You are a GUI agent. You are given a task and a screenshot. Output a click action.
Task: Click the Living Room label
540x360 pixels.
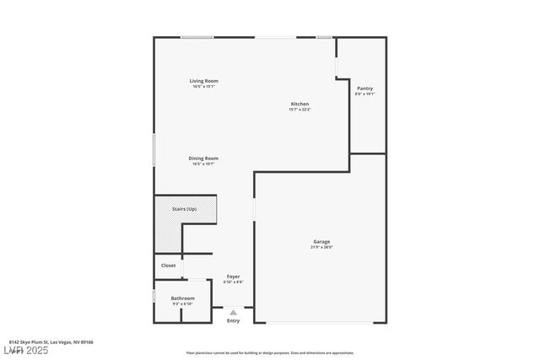(204, 81)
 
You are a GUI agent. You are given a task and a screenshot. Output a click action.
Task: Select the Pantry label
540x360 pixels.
(364, 89)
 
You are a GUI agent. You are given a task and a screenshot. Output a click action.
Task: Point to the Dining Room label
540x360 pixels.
(203, 158)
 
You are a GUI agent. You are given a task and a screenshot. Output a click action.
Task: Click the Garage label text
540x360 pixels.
(321, 242)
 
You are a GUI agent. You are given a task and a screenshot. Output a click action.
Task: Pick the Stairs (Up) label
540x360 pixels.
(184, 208)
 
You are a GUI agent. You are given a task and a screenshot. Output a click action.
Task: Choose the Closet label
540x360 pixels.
(169, 266)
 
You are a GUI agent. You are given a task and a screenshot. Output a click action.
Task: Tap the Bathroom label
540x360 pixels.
(183, 298)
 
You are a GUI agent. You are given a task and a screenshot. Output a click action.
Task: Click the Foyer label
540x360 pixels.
(233, 277)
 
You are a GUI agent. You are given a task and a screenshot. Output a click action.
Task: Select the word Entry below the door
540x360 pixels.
(233, 320)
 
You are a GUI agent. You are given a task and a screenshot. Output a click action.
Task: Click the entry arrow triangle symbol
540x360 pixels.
(233, 312)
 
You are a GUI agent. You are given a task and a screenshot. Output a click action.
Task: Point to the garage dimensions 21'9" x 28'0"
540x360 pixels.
(321, 247)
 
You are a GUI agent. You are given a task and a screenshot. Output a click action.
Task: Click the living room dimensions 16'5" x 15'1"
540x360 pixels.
(204, 86)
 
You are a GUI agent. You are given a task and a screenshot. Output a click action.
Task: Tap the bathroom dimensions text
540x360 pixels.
(183, 304)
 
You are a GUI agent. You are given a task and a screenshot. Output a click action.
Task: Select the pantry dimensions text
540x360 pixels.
(364, 94)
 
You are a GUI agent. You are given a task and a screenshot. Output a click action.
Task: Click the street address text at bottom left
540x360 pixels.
(51, 342)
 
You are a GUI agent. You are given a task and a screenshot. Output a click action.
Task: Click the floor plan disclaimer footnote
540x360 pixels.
(270, 353)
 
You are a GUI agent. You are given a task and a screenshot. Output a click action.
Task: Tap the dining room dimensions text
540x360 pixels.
(203, 164)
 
